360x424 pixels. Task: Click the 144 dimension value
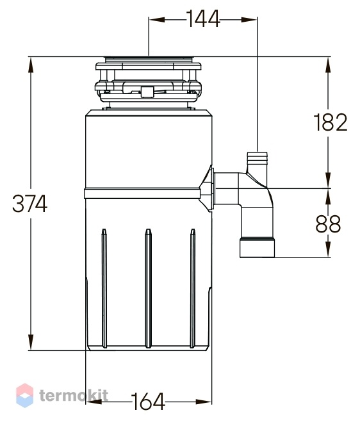pyautogui.click(x=203, y=19)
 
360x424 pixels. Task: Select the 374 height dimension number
pyautogui.click(x=29, y=203)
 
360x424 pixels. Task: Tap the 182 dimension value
pyautogui.click(x=331, y=122)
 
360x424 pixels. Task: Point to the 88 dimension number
pyautogui.click(x=328, y=224)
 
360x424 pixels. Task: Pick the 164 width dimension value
pyautogui.click(x=148, y=402)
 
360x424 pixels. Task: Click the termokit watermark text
pyautogui.click(x=74, y=396)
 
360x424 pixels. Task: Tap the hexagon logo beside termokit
pyautogui.click(x=24, y=395)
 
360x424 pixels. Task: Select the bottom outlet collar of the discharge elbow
pyautogui.click(x=258, y=247)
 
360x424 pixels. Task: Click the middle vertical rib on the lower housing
pyautogui.click(x=148, y=288)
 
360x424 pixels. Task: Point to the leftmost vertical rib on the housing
pyautogui.click(x=104, y=288)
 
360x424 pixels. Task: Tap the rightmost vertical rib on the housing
pyautogui.click(x=193, y=288)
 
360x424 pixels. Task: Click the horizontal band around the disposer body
pyautogui.click(x=142, y=193)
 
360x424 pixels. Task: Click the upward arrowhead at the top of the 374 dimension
pyautogui.click(x=31, y=65)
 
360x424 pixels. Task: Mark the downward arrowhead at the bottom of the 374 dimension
pyautogui.click(x=31, y=342)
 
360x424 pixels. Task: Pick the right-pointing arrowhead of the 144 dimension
pyautogui.click(x=249, y=19)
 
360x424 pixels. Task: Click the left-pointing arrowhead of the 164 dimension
pyautogui.click(x=94, y=402)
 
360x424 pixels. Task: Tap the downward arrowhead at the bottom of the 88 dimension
pyautogui.click(x=328, y=249)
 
